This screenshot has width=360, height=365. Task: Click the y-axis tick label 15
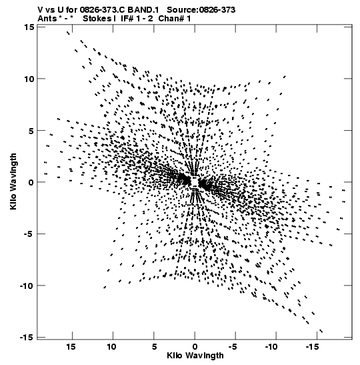pyautogui.click(x=29, y=27)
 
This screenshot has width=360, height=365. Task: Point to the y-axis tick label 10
pyautogui.click(x=29, y=79)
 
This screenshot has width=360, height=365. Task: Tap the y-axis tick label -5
pyautogui.click(x=29, y=234)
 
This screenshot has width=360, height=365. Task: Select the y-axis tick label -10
pyautogui.click(x=27, y=286)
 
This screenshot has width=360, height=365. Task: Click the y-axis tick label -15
pyautogui.click(x=27, y=337)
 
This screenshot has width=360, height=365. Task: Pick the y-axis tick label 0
pyautogui.click(x=31, y=182)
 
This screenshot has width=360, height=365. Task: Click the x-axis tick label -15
pyautogui.click(x=312, y=347)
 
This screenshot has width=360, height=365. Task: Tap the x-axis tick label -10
pyautogui.click(x=271, y=347)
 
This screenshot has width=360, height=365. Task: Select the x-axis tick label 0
pyautogui.click(x=195, y=347)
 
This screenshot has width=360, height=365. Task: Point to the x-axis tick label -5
pyautogui.click(x=233, y=347)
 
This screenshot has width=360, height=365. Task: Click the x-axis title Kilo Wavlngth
pyautogui.click(x=195, y=356)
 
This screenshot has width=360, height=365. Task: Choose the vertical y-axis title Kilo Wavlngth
pyautogui.click(x=13, y=181)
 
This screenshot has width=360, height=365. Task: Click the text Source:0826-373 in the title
pyautogui.click(x=201, y=10)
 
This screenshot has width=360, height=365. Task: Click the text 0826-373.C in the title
pyautogui.click(x=102, y=10)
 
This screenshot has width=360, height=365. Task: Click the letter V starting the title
pyautogui.click(x=41, y=10)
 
